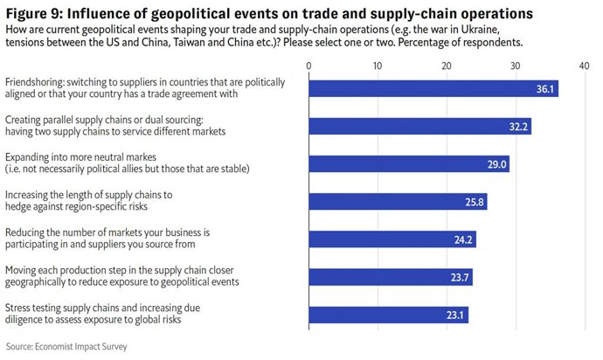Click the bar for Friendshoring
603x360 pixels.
[433, 88]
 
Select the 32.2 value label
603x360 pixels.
[518, 126]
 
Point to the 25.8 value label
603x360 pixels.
[475, 202]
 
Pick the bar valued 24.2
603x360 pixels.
[392, 239]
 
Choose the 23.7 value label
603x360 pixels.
[460, 277]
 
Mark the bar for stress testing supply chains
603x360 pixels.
[388, 315]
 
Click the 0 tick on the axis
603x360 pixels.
[308, 65]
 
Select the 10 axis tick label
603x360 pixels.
[377, 65]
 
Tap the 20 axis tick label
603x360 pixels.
[446, 65]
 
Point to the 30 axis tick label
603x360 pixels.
[515, 65]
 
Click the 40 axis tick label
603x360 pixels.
[584, 65]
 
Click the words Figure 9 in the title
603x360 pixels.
[34, 13]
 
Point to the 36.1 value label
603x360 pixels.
[546, 88]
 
